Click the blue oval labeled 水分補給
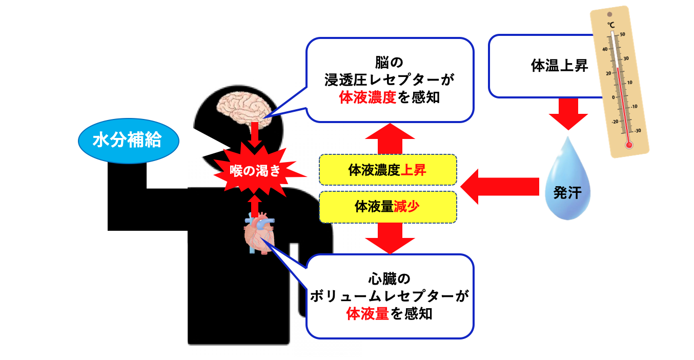click(x=128, y=140)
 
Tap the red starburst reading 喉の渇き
click(x=255, y=171)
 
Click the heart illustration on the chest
click(x=259, y=234)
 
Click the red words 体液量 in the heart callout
click(x=368, y=313)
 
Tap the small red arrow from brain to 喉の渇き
click(x=255, y=135)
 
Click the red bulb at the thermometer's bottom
click(x=629, y=145)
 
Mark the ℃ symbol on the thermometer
click(x=611, y=25)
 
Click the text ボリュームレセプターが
click(x=390, y=296)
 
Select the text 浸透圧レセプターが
click(x=390, y=81)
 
